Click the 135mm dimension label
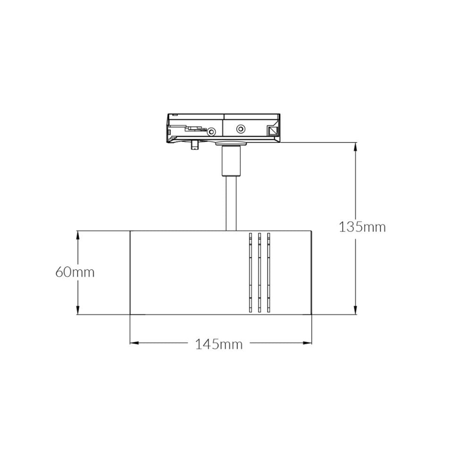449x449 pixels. pos(362,227)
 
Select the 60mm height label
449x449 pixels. pos(75,272)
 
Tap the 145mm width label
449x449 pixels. pos(219,344)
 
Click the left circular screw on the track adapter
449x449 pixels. pos(211,132)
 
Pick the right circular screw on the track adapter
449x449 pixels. pos(241,129)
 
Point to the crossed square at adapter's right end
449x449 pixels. pos(272,131)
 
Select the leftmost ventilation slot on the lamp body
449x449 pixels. pos(250,272)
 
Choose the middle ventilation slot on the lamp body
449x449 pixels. pos(259,272)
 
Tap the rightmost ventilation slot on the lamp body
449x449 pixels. pos(269,272)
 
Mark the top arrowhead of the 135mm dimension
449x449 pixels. pos(356,146)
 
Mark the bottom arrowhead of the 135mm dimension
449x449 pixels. pos(356,311)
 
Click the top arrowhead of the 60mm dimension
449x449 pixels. pos(78,235)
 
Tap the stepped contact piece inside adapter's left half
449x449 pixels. pos(196,129)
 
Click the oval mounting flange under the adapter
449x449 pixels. pos(231,144)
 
